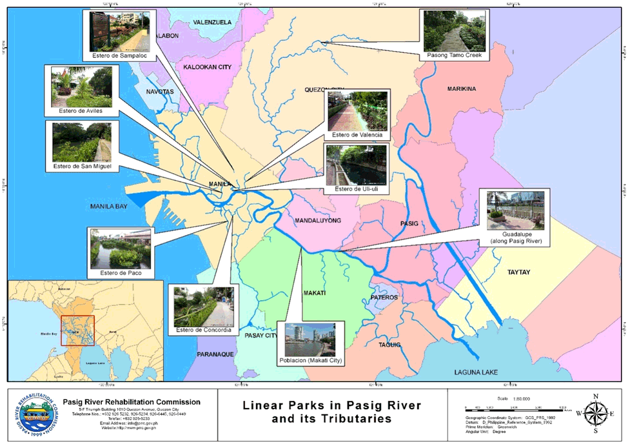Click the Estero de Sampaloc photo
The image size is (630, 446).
tap(121, 32)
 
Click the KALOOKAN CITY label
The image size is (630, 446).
tap(207, 67)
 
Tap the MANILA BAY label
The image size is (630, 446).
tap(108, 207)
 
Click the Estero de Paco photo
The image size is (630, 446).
tap(121, 249)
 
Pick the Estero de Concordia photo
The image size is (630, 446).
tap(204, 306)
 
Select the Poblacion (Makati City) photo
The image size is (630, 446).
tap(310, 340)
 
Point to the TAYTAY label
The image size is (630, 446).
tap(518, 272)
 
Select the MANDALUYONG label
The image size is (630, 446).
tap(317, 221)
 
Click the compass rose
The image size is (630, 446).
tap(595, 414)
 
